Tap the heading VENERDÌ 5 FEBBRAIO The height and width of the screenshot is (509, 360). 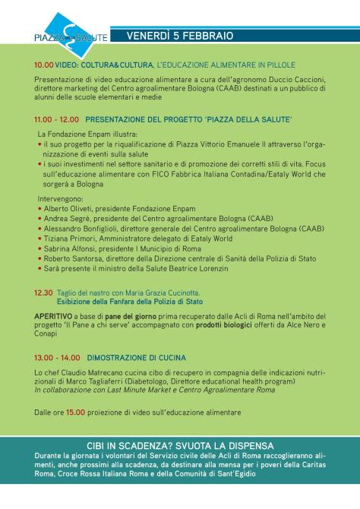[179, 36]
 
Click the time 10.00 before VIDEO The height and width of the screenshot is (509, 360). [43, 65]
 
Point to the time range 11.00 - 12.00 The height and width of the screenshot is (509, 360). [56, 119]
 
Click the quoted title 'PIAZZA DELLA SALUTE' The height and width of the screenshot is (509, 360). [251, 119]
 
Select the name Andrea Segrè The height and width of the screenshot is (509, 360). [65, 217]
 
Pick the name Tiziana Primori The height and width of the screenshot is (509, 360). [67, 237]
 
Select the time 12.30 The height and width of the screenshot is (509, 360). [43, 291]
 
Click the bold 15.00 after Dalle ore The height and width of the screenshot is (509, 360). [75, 413]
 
